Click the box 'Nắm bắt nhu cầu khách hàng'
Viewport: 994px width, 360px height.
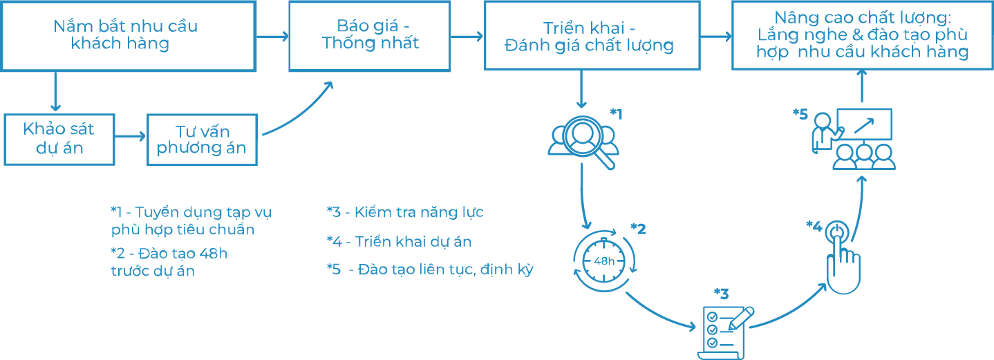tap(129, 36)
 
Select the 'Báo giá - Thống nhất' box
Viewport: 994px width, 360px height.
tap(370, 36)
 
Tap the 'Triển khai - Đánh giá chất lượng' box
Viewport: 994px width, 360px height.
tap(592, 35)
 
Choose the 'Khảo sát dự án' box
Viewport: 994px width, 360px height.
tap(59, 140)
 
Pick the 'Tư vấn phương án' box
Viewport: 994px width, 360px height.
tap(202, 140)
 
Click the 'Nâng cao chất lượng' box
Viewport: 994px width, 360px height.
tap(862, 35)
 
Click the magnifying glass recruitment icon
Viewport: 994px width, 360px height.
tap(583, 142)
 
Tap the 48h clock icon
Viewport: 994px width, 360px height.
tap(604, 260)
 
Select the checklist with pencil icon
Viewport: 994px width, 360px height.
tap(726, 332)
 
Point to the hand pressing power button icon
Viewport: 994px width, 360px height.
tap(843, 258)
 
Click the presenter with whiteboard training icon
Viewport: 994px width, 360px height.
tap(853, 139)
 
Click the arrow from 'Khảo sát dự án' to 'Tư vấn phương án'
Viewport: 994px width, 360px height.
tap(130, 136)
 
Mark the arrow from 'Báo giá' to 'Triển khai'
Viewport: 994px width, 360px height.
tap(467, 36)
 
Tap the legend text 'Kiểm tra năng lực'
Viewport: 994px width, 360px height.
tap(419, 212)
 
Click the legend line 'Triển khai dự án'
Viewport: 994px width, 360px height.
tap(413, 242)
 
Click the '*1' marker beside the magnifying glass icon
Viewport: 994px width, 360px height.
tap(616, 114)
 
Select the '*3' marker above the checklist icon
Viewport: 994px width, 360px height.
tap(721, 294)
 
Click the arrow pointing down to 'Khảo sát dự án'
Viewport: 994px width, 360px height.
tap(55, 91)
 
